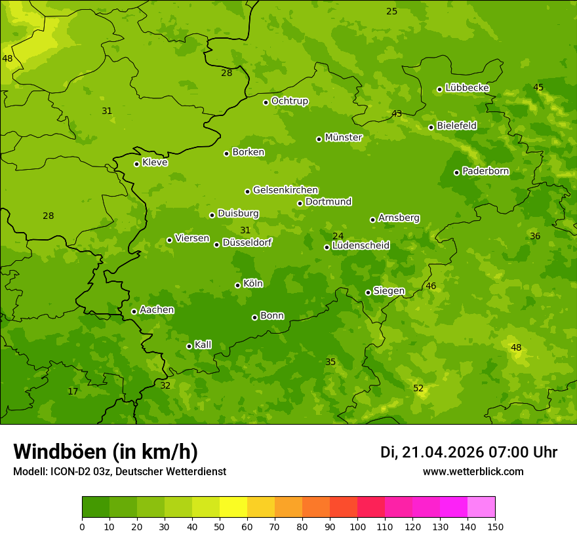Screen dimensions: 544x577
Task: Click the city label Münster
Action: pyautogui.click(x=344, y=138)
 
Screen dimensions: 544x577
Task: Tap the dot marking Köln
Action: pyautogui.click(x=237, y=285)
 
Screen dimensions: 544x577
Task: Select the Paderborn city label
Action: pyautogui.click(x=485, y=171)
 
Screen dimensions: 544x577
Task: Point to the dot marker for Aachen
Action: pyautogui.click(x=134, y=311)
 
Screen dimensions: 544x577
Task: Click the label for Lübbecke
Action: pyautogui.click(x=467, y=88)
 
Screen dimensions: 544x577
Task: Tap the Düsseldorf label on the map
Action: pyautogui.click(x=247, y=243)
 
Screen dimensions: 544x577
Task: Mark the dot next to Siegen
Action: pyautogui.click(x=368, y=292)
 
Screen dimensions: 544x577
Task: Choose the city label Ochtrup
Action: pyautogui.click(x=289, y=101)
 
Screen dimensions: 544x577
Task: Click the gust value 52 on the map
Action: pyautogui.click(x=418, y=388)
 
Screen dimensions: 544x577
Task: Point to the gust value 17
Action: pyautogui.click(x=73, y=391)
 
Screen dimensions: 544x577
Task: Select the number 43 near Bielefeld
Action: pyautogui.click(x=397, y=113)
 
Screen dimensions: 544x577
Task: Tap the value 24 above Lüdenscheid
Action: pyautogui.click(x=338, y=236)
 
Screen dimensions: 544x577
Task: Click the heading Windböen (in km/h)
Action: pyautogui.click(x=106, y=452)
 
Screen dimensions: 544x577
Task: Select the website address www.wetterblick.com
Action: pyautogui.click(x=473, y=471)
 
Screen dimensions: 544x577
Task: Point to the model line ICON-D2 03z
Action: pyautogui.click(x=82, y=471)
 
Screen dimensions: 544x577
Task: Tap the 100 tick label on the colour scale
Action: pyautogui.click(x=357, y=526)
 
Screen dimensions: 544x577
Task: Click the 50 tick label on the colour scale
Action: pyautogui.click(x=220, y=526)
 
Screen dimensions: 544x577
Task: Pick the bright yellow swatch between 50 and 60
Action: pyautogui.click(x=233, y=507)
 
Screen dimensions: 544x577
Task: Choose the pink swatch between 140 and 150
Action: pyautogui.click(x=481, y=507)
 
